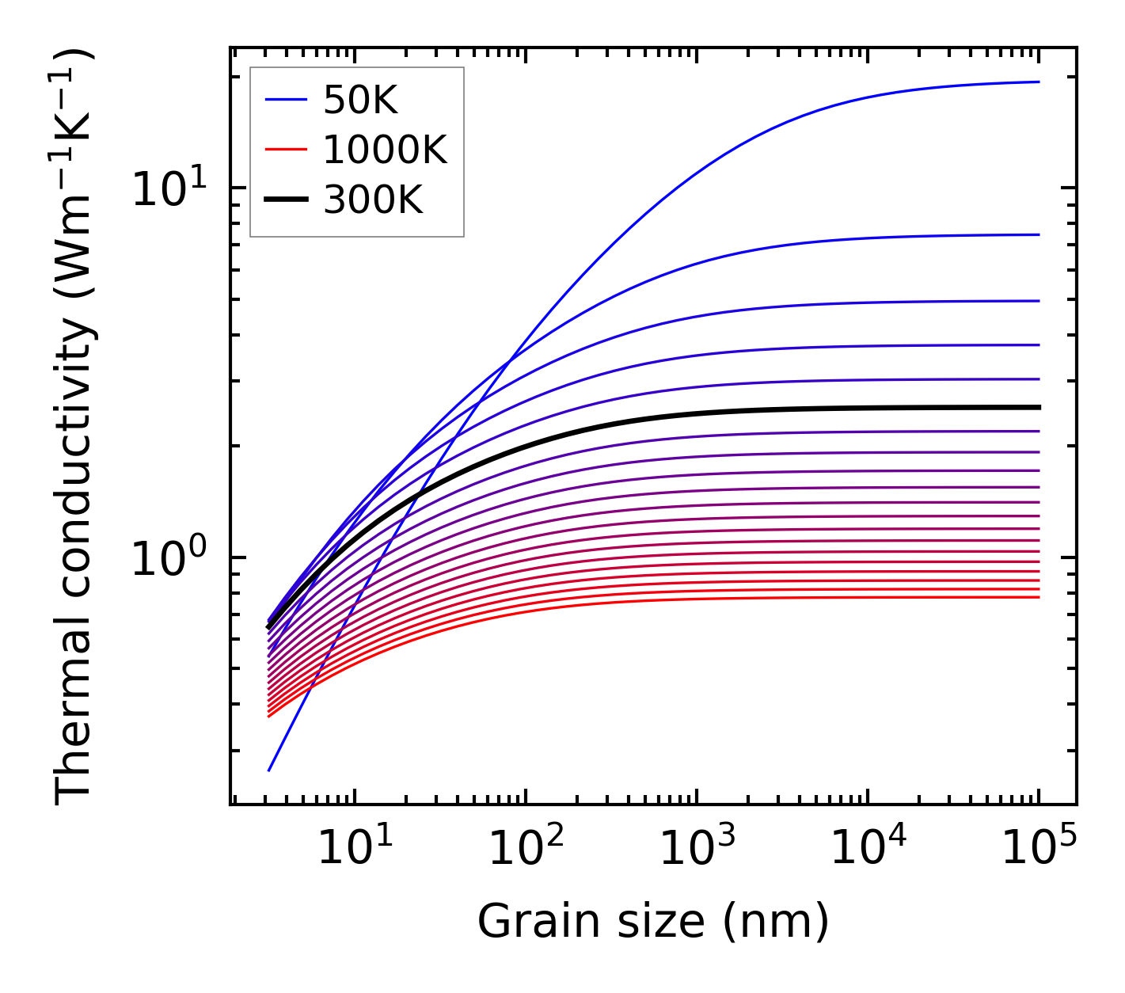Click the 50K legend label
(360, 100)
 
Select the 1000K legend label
(385, 150)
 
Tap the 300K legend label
(373, 200)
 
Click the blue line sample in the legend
(285, 100)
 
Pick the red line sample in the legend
(285, 150)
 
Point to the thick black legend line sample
(285, 200)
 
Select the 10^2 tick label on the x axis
(525, 849)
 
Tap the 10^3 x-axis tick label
(696, 849)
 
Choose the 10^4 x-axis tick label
(868, 849)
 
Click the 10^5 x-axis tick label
(1039, 849)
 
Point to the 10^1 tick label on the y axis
(169, 189)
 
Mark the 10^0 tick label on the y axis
(169, 558)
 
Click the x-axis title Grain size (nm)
(653, 922)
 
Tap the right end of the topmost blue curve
(1038, 82)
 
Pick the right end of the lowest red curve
(1038, 597)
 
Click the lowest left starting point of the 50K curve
(269, 770)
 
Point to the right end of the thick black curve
(1038, 407)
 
